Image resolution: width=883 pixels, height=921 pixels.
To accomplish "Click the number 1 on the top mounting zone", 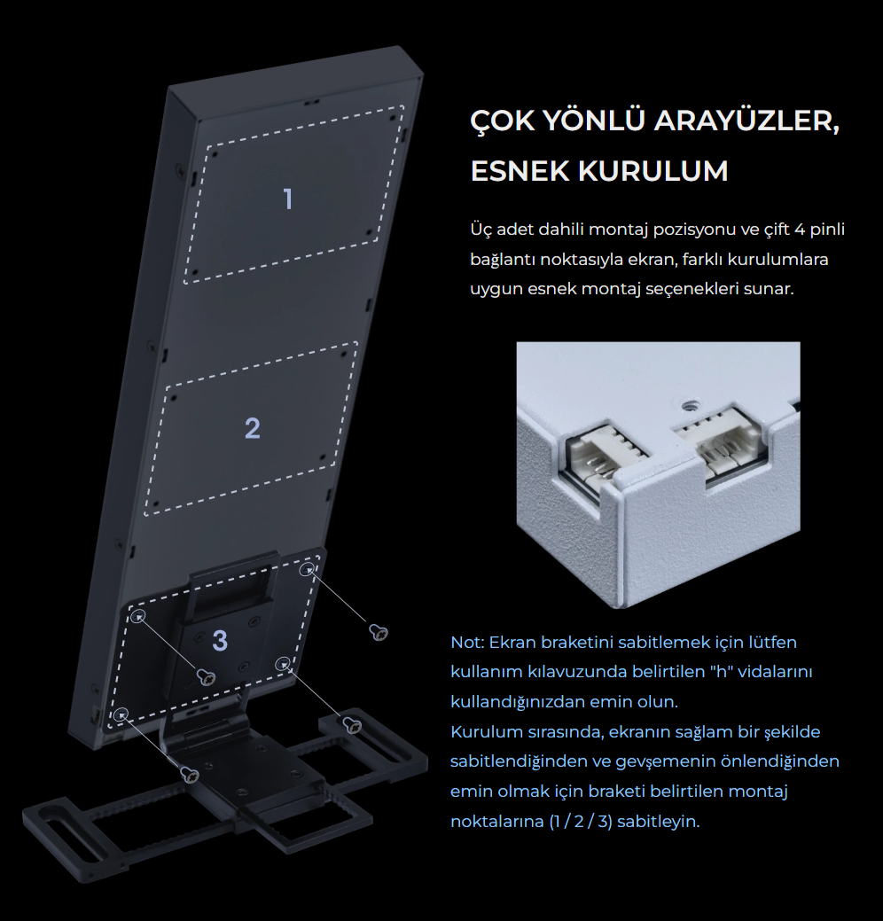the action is point(288,199).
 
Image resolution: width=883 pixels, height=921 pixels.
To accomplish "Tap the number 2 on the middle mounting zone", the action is point(253,428).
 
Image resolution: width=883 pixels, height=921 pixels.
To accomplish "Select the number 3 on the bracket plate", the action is point(220,641).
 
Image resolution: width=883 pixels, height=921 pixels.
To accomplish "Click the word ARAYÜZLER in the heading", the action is point(746,121).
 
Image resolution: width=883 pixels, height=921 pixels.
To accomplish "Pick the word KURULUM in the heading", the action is point(653,171).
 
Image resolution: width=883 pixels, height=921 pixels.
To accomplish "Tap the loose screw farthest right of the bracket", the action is point(379,632).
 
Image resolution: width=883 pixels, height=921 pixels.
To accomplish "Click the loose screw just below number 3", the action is point(207,676).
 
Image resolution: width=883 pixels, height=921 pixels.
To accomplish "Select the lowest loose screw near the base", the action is point(190,775).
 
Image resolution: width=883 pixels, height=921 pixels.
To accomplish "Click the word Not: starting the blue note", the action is point(467,642).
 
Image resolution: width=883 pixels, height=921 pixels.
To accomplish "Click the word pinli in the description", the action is point(828,230).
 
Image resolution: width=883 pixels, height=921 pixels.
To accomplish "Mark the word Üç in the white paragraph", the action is point(480,229).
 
